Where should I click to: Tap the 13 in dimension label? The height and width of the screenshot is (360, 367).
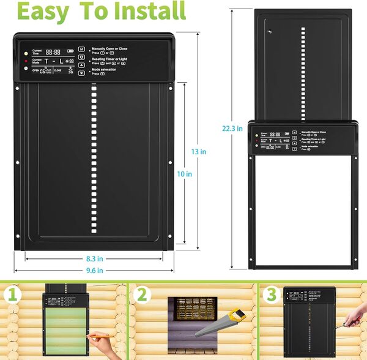[x=197, y=151]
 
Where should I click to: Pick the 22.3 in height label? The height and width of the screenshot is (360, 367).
[x=232, y=128]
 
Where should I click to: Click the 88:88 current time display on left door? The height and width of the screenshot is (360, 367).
[x=53, y=53]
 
